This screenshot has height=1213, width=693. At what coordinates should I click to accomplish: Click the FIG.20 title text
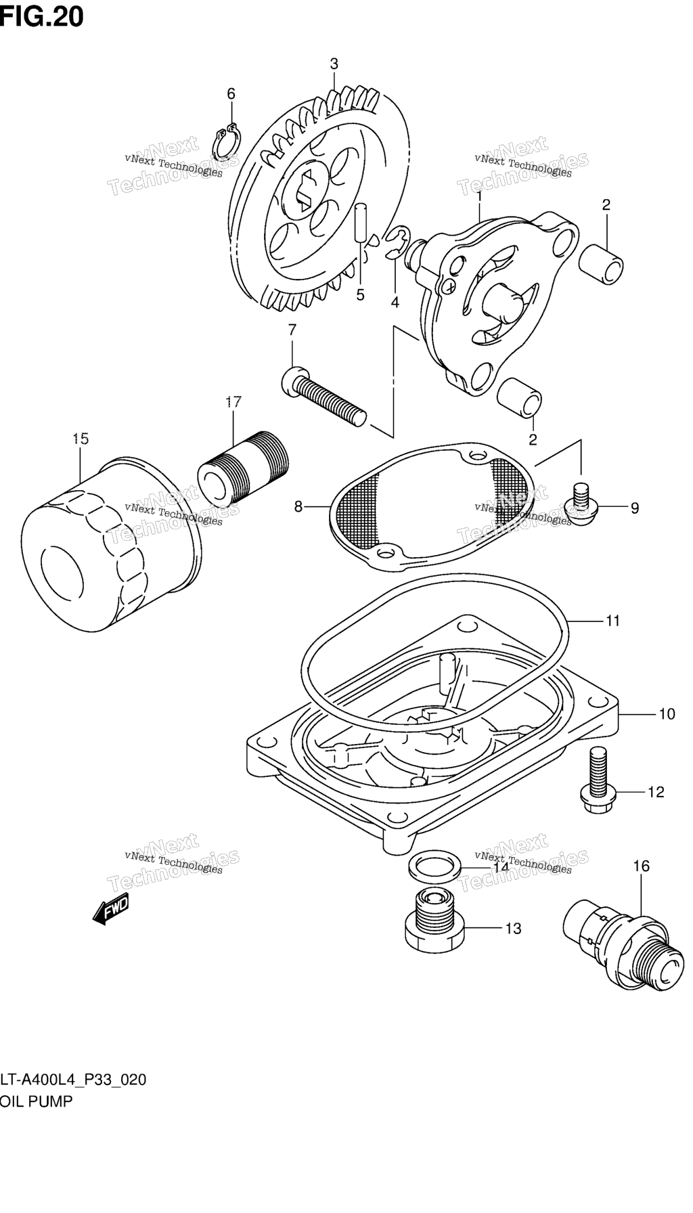tap(42, 16)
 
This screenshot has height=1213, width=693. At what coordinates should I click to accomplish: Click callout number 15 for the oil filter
tap(80, 439)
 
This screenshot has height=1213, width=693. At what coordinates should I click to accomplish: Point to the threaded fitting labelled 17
tap(244, 468)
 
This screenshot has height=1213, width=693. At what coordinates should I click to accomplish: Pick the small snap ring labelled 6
tap(226, 139)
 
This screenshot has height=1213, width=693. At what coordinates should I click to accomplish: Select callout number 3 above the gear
tap(334, 64)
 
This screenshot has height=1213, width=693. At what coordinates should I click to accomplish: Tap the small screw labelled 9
tap(580, 504)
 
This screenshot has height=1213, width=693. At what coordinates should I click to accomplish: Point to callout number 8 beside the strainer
tap(298, 506)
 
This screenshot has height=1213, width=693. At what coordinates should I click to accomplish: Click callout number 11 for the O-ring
tap(612, 620)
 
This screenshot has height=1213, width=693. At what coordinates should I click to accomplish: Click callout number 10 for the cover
tap(667, 713)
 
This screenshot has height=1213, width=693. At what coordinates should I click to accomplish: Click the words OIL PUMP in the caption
tap(37, 1101)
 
